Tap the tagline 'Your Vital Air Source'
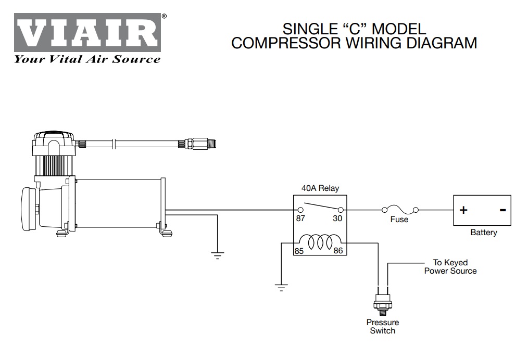(87, 59)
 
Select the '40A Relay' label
(320, 188)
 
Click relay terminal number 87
(300, 218)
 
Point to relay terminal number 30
(337, 218)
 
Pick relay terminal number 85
(299, 251)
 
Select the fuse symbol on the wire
(400, 209)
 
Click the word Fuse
(399, 220)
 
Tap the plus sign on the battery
(463, 210)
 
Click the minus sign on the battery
(502, 210)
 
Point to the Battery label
(483, 233)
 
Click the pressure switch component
(383, 303)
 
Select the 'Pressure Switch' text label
(383, 327)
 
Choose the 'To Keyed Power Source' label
(450, 267)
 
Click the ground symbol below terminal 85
(281, 288)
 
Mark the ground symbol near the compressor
(217, 255)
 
